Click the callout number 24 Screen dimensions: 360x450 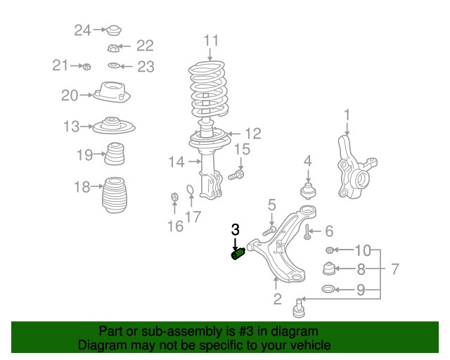(x=83, y=30)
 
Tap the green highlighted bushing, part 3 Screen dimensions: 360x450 (x=238, y=254)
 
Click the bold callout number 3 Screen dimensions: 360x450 (x=236, y=229)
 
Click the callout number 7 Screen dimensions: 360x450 (x=394, y=269)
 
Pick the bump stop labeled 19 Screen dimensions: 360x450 (x=115, y=155)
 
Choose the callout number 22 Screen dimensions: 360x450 (x=144, y=46)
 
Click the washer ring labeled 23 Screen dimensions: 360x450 (x=113, y=67)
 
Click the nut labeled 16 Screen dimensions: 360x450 (x=174, y=197)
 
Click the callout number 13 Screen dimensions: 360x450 (x=71, y=127)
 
